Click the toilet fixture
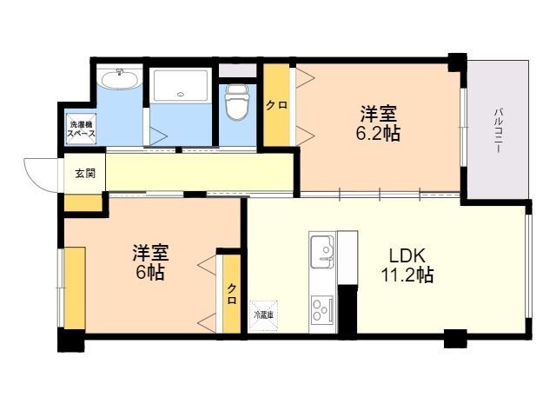[x=237, y=103]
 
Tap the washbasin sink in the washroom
[x=120, y=79]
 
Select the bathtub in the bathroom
[x=181, y=86]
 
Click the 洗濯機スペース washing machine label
[x=81, y=129]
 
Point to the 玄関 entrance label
[x=85, y=174]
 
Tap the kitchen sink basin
[x=322, y=252]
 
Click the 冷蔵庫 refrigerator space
[x=263, y=315]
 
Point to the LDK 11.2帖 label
[x=407, y=264]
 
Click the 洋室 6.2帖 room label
[x=378, y=123]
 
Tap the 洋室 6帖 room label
[x=150, y=262]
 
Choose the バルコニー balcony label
[x=498, y=131]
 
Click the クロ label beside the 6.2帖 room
[x=276, y=105]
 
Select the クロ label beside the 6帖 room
[x=232, y=294]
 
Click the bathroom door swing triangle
[x=158, y=136]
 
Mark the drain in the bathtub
[x=181, y=95]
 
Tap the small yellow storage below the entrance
[x=83, y=202]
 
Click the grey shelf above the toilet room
[x=237, y=70]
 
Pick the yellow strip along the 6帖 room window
[x=75, y=288]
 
